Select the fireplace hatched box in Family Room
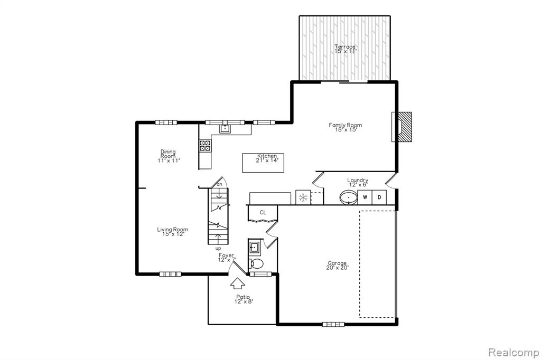[405, 127]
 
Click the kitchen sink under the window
[225, 129]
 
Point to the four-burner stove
[205, 146]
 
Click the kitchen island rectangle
[263, 163]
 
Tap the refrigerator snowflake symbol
[303, 197]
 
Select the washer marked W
[365, 197]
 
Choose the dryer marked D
[379, 197]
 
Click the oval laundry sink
[350, 198]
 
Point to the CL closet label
[263, 212]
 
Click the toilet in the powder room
[256, 264]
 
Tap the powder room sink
[254, 247]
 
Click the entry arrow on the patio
[238, 283]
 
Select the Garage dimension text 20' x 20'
[338, 267]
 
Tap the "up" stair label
[218, 248]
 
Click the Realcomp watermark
[514, 353]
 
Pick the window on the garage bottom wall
[333, 324]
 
